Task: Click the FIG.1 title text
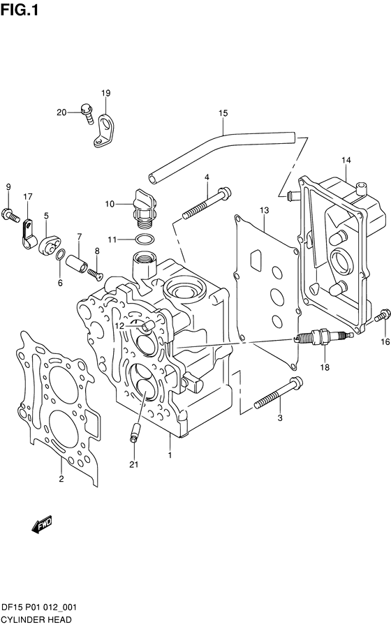(x=19, y=10)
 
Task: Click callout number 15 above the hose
(x=223, y=113)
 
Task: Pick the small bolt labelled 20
(x=87, y=113)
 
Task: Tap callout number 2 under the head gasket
(x=61, y=479)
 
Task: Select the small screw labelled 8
(x=95, y=273)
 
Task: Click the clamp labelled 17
(x=29, y=234)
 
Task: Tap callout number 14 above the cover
(x=346, y=161)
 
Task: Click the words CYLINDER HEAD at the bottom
(x=36, y=620)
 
